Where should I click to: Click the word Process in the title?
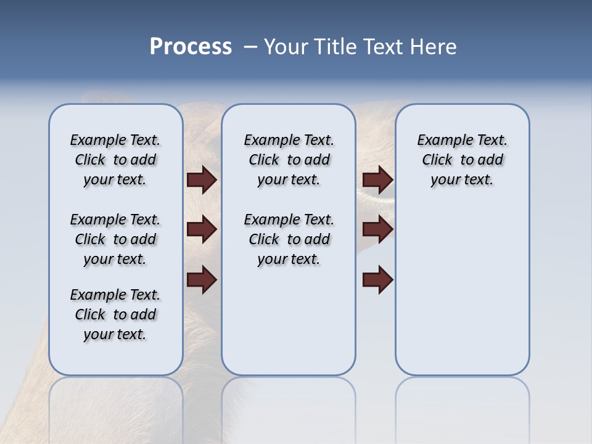pos(191,47)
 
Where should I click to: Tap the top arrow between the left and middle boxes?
pos(202,180)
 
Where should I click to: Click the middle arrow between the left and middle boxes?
pos(202,230)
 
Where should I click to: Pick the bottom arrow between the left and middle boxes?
pos(202,280)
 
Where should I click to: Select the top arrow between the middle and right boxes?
pos(377,180)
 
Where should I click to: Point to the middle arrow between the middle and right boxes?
pos(377,230)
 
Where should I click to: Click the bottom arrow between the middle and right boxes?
pos(377,280)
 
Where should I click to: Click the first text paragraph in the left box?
pos(115,160)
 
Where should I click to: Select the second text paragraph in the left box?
pos(115,239)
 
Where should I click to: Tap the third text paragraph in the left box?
pos(115,314)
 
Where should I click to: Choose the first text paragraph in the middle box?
pos(289,160)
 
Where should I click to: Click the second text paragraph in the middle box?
pos(289,239)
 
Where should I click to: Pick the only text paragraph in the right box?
pos(462,160)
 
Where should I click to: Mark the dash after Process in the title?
pos(251,47)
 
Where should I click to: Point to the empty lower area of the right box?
pos(462,296)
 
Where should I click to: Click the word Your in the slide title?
pos(286,47)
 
